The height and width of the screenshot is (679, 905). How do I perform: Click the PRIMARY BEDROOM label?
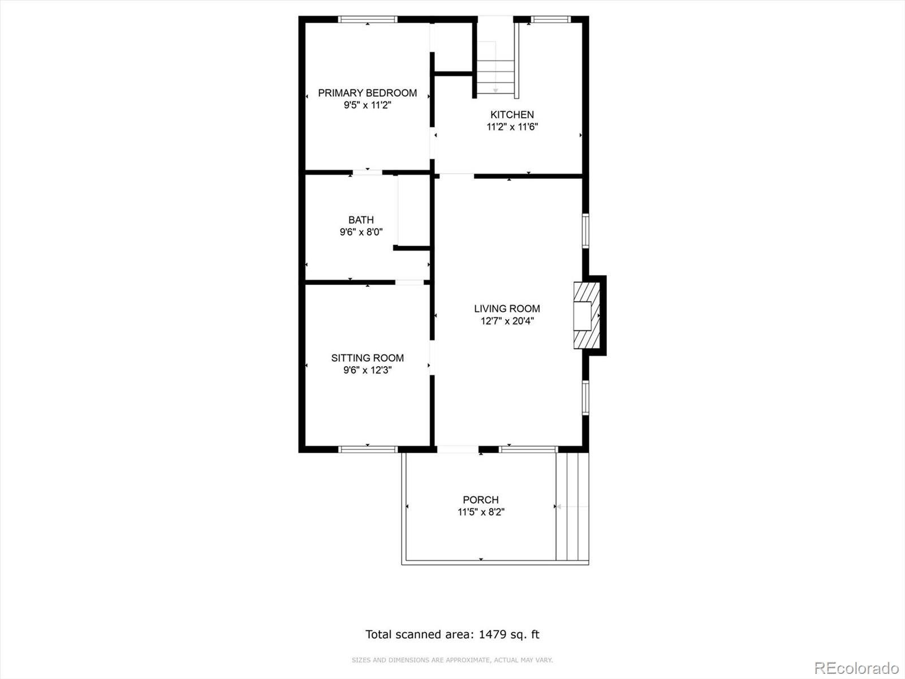367,93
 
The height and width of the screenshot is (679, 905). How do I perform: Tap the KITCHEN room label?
512,115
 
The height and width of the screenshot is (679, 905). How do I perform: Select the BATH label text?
361,220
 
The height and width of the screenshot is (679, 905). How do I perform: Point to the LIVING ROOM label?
507,308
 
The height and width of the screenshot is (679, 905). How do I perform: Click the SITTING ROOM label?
367,358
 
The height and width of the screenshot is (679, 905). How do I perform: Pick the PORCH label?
481,500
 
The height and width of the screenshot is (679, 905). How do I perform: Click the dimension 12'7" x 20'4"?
507,321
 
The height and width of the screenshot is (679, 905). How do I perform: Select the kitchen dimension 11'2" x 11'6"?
512,127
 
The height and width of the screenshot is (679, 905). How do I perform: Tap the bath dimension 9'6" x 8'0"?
361,232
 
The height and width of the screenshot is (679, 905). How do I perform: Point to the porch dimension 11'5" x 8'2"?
481,512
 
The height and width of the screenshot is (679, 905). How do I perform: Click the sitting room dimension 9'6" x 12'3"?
367,370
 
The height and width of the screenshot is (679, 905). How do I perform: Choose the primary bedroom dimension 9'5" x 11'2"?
367,105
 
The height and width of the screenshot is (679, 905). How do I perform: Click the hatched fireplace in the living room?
587,315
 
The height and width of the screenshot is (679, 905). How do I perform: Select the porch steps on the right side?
572,506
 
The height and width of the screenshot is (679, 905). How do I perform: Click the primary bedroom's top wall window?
367,19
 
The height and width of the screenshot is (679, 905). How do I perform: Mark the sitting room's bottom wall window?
368,449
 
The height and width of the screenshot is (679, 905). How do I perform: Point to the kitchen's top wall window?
550,19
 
